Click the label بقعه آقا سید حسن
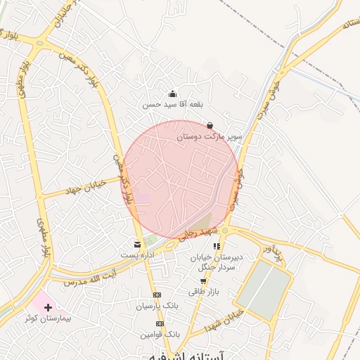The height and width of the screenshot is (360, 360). (x=172, y=105)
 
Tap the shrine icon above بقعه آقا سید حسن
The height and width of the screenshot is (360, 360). (x=172, y=94)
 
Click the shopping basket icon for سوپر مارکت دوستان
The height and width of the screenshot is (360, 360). (x=210, y=126)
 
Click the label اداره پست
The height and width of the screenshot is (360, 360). (x=137, y=254)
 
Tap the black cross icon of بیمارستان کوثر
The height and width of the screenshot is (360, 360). (x=48, y=307)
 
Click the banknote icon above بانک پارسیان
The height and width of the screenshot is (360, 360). (x=157, y=295)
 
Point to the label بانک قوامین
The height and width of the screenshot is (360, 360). (x=162, y=335)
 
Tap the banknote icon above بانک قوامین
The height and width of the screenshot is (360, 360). (x=160, y=324)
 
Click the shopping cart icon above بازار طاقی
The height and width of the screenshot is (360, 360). (x=204, y=281)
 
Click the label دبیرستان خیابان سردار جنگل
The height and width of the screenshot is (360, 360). (x=217, y=262)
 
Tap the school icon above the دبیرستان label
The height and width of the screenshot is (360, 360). (x=217, y=246)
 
